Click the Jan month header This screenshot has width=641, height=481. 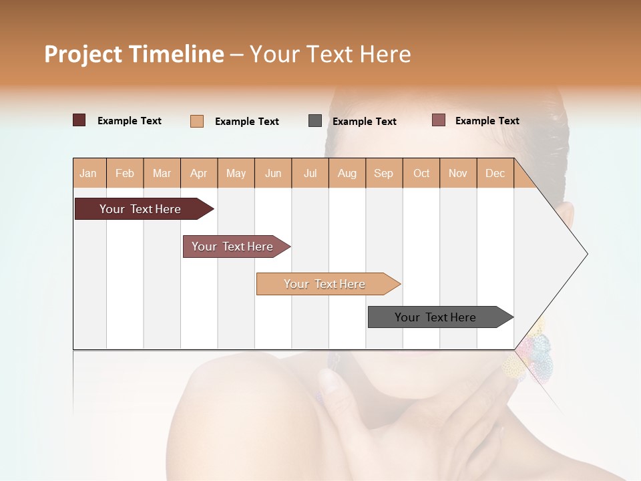pos(88,173)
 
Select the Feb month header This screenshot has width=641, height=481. pos(125,173)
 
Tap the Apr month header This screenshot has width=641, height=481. pos(198,173)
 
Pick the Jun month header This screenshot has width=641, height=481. pos(273,173)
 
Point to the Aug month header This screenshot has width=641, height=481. pos(347,173)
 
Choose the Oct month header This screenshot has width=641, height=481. pos(421,173)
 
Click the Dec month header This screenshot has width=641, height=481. pos(495,173)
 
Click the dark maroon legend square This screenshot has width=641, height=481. pos(79,120)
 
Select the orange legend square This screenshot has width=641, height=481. pos(197,121)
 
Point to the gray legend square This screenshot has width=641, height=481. pos(315,121)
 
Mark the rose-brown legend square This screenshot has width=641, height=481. pos(439,120)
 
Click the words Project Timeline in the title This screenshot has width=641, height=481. pos(134,54)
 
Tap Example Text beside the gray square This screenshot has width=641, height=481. pos(365,122)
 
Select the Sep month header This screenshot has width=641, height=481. pos(383,173)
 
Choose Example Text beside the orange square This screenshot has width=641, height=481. pos(247,122)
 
